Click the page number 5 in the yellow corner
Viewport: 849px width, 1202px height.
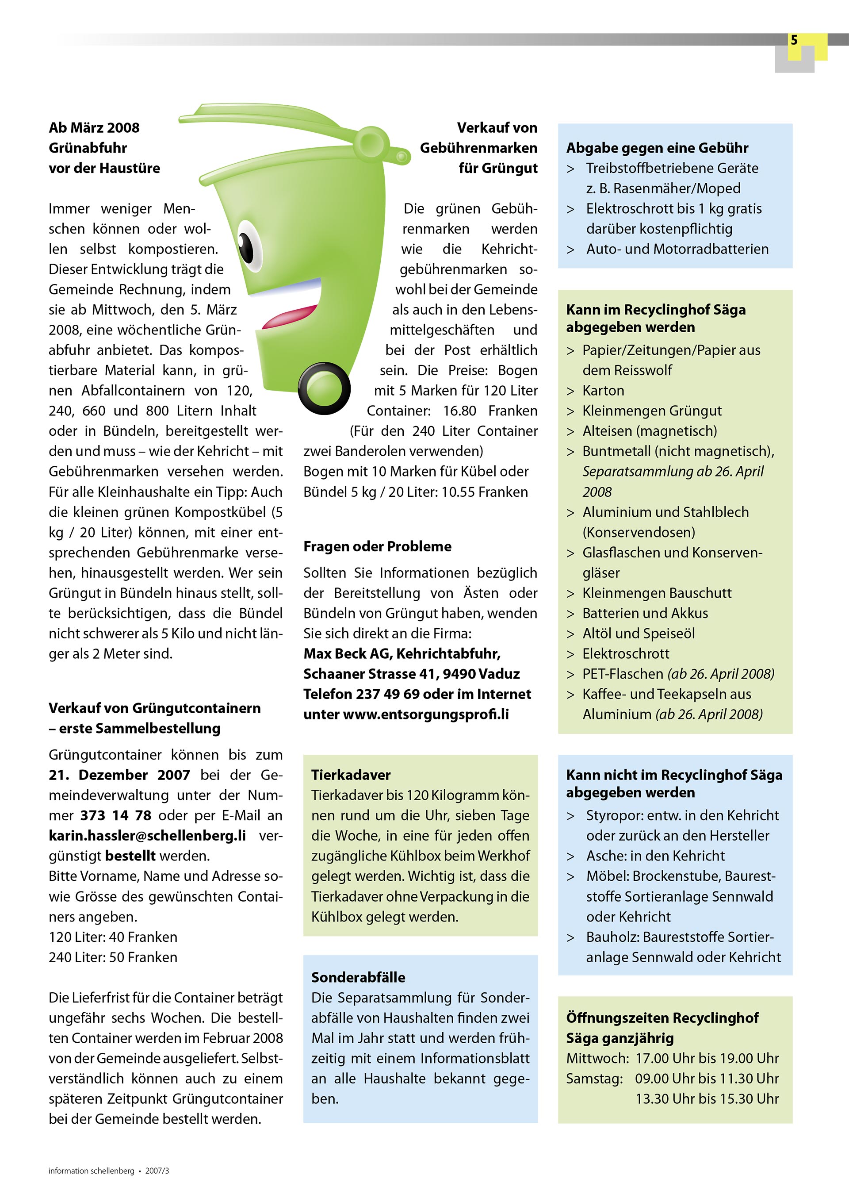pyautogui.click(x=794, y=40)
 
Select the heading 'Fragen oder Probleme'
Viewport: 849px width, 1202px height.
pyautogui.click(x=377, y=546)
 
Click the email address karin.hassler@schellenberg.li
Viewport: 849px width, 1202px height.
pyautogui.click(x=147, y=836)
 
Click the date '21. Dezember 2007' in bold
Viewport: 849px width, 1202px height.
pyautogui.click(x=119, y=775)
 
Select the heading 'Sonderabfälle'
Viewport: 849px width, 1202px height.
pyautogui.click(x=358, y=977)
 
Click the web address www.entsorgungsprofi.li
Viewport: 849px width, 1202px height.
pyautogui.click(x=425, y=714)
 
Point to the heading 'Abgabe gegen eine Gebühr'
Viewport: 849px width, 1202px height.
pyautogui.click(x=657, y=148)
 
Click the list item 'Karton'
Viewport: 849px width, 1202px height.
pyautogui.click(x=603, y=391)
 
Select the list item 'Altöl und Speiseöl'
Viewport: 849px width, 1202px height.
pyautogui.click(x=639, y=634)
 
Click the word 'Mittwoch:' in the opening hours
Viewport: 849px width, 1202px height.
pyautogui.click(x=597, y=1058)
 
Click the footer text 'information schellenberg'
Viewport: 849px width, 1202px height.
pyautogui.click(x=91, y=1171)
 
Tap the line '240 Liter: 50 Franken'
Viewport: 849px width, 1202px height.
pyautogui.click(x=113, y=957)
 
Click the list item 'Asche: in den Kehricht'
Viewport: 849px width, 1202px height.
pyautogui.click(x=655, y=856)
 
